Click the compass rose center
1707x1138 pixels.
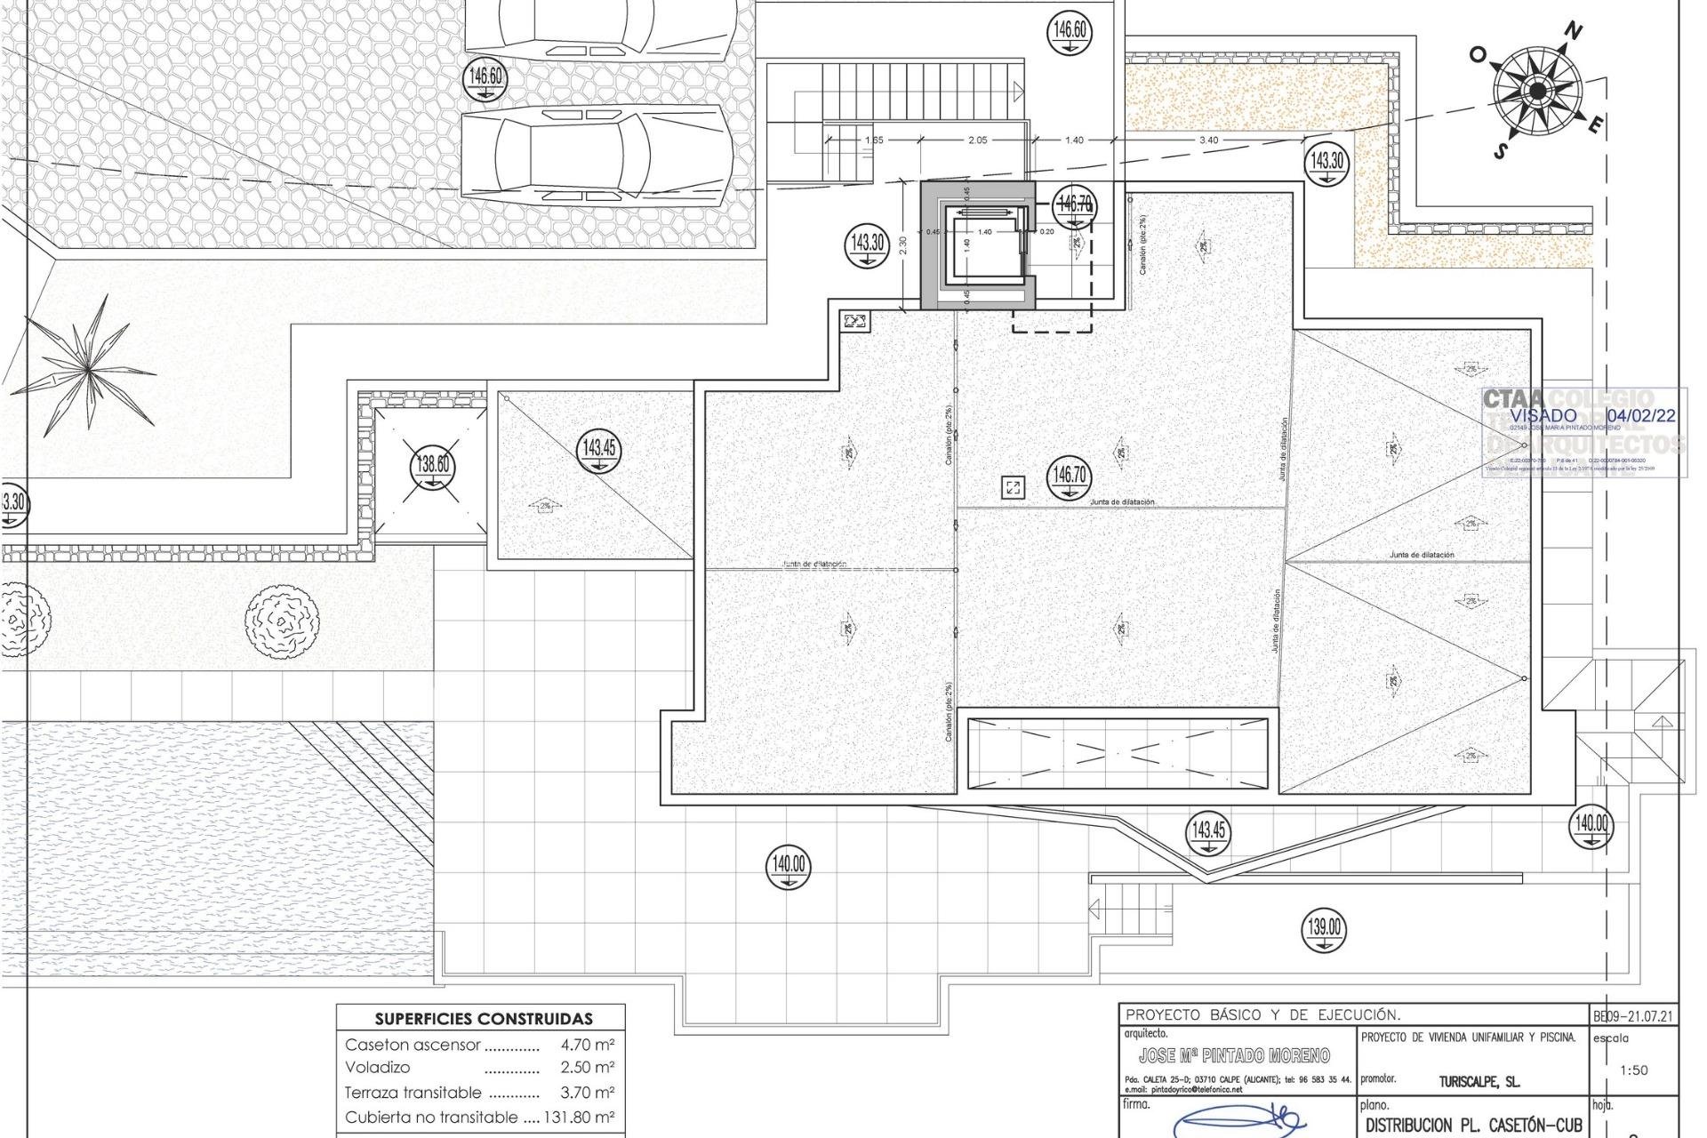point(1537,91)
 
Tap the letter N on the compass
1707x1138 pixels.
point(1574,33)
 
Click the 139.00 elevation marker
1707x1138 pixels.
point(1324,929)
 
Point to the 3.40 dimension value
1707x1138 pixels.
point(1208,140)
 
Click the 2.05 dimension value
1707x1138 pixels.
point(977,140)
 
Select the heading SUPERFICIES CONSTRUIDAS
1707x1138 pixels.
point(484,1019)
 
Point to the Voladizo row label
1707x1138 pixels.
point(378,1067)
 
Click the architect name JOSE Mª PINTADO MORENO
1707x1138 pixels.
point(1234,1055)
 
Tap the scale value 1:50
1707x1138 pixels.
point(1634,1070)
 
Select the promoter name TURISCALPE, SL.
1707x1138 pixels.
point(1479,1082)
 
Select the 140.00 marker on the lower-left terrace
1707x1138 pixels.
point(789,866)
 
